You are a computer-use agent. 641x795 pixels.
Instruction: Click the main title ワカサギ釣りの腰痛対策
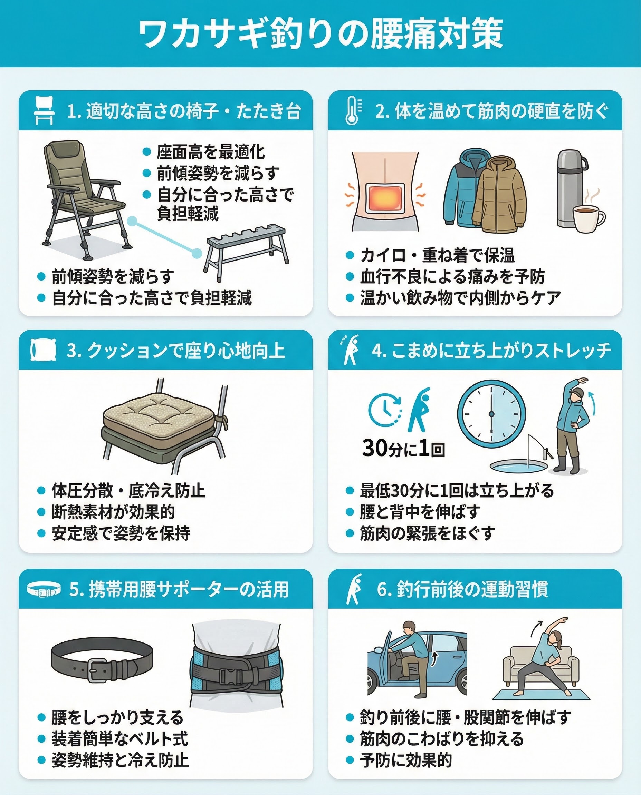click(x=320, y=34)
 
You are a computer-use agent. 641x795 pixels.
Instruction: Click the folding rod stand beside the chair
click(x=246, y=250)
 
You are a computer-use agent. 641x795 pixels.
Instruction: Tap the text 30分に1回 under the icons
click(x=404, y=448)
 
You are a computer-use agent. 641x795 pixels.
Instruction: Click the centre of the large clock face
click(x=491, y=414)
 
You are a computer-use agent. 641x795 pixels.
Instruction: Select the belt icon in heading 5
click(x=44, y=590)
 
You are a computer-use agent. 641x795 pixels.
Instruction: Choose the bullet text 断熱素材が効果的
click(x=113, y=512)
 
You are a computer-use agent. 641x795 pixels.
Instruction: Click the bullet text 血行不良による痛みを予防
click(x=452, y=277)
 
